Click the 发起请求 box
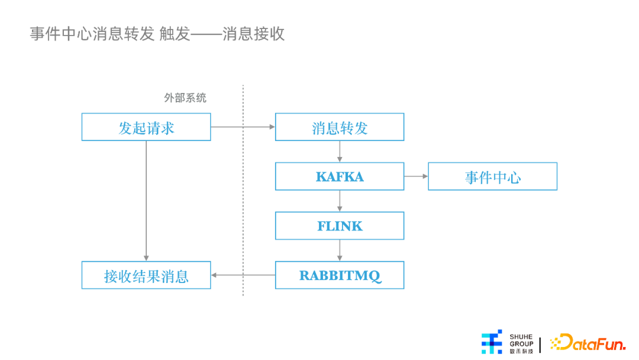146,127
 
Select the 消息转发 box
340,127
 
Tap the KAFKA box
340,176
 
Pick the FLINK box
340,226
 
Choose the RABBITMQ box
340,275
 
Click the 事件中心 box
492,176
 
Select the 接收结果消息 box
146,275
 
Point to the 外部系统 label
185,98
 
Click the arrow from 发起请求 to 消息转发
243,127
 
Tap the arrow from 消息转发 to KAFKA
340,152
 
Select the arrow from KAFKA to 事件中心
416,176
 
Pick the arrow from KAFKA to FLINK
340,201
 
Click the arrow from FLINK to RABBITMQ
340,250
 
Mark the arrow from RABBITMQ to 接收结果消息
243,275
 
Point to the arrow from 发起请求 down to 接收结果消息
146,201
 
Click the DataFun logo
588,342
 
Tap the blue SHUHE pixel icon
492,342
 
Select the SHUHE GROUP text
521,340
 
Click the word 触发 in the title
175,34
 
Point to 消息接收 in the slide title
253,34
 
